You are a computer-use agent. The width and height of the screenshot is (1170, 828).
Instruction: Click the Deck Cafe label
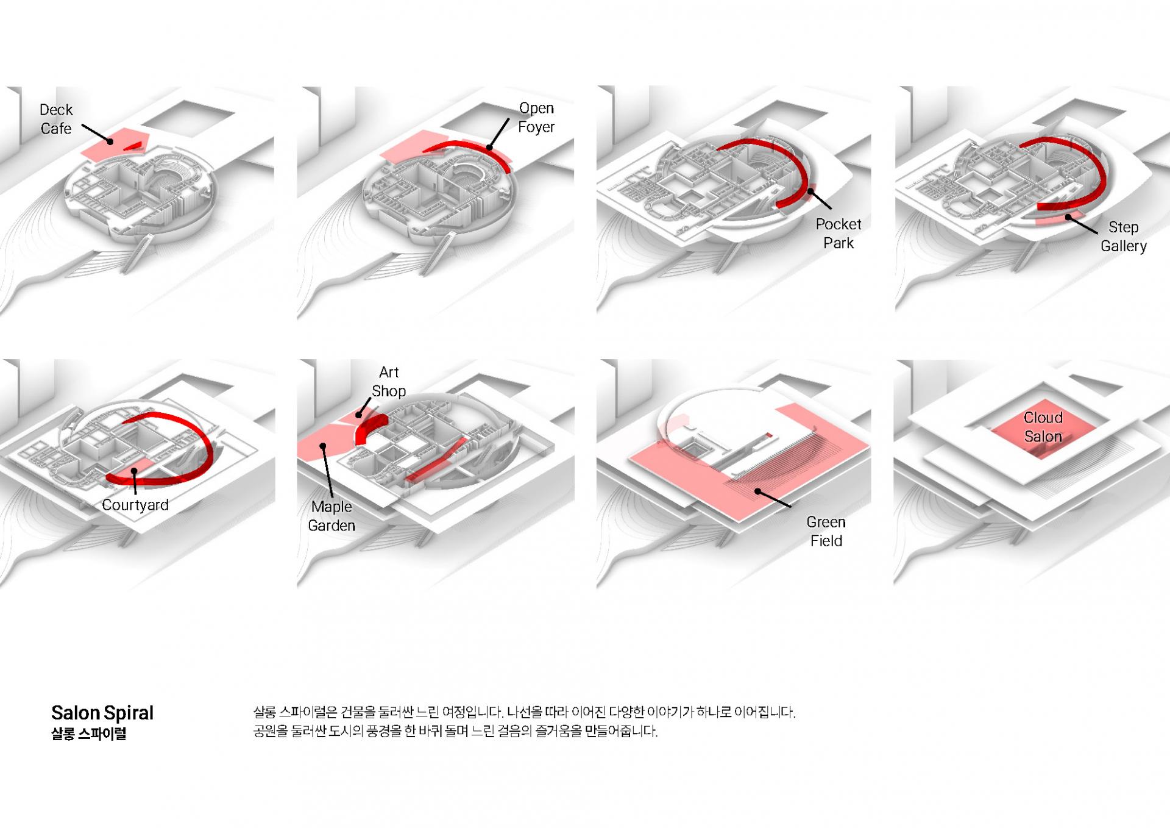(56, 119)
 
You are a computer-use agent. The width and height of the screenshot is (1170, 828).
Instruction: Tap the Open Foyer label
(536, 117)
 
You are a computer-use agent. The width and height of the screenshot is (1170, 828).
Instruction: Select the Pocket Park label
(838, 234)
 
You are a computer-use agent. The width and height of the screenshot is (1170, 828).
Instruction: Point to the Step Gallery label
(1123, 237)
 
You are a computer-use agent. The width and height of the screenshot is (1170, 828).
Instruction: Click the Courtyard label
(135, 505)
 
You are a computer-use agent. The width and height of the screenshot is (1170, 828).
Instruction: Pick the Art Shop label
(389, 382)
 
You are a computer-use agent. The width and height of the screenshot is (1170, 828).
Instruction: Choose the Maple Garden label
(331, 516)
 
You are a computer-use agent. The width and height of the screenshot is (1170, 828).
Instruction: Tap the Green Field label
(826, 531)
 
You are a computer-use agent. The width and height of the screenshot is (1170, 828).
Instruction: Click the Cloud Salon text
(1043, 427)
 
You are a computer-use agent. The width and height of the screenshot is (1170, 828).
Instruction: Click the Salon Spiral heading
(102, 713)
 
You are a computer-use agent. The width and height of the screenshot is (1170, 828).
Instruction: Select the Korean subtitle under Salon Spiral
(89, 733)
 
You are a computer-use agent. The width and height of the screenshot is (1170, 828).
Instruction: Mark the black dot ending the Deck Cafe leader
(111, 142)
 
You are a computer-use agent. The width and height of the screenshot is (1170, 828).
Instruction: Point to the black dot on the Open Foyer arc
(489, 148)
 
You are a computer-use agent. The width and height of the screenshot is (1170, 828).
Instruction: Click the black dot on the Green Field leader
(757, 491)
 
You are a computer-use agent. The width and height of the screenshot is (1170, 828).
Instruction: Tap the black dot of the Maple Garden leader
(323, 446)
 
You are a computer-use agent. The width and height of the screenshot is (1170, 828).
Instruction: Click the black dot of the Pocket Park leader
(810, 192)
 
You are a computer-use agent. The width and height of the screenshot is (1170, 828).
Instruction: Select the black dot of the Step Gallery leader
(1068, 216)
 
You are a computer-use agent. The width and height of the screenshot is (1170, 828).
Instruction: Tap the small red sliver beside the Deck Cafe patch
(135, 146)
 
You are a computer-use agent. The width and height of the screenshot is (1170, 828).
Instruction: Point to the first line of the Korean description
(524, 712)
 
